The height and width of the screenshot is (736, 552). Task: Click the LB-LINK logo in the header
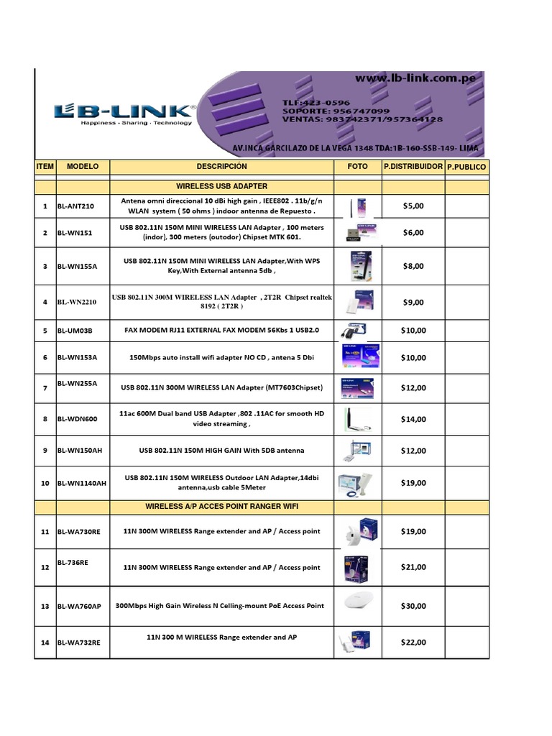coord(124,113)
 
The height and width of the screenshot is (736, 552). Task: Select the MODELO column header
coord(82,167)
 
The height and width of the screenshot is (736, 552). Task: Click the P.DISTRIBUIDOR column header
coord(413,167)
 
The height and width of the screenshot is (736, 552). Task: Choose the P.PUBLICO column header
coord(466,167)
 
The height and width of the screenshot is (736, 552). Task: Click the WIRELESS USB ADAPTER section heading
coord(221,186)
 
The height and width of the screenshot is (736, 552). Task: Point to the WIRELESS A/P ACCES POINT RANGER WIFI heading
coord(221,507)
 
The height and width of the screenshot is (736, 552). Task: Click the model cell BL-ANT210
coord(75,206)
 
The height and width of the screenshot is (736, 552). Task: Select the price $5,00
coord(413,206)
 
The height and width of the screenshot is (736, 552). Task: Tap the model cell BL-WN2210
coord(77,303)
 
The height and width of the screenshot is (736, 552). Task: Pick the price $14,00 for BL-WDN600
coord(413,419)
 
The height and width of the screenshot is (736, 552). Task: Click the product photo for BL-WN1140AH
coord(357,483)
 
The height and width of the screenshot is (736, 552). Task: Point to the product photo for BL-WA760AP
coord(357,604)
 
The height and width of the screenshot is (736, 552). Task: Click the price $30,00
coord(413,606)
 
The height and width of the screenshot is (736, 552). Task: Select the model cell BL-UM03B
coord(75,331)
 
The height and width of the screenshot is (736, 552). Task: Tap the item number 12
coord(45,568)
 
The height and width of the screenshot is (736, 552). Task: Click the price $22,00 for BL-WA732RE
coord(413,643)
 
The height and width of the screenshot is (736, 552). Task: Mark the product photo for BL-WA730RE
coord(357,532)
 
